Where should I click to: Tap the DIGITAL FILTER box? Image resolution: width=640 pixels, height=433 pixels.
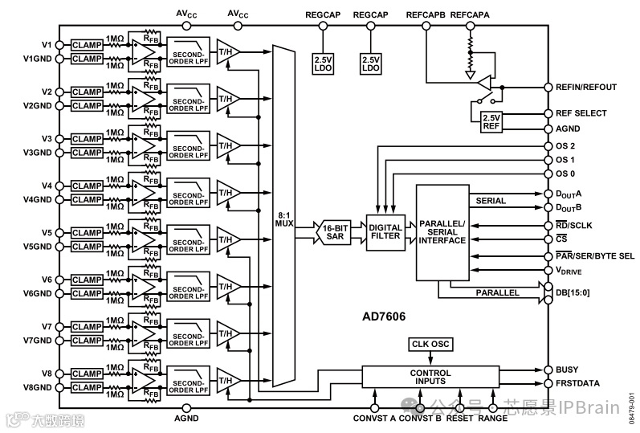coord(385,232)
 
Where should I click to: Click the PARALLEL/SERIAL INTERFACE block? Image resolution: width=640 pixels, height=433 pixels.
coord(442,234)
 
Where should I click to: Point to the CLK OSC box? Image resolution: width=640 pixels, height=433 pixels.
coord(431,345)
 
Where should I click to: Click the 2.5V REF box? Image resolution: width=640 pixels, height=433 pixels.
coord(490,121)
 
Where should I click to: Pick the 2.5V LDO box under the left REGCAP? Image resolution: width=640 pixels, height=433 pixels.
coord(324,63)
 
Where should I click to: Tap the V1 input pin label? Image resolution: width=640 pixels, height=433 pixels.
coord(47,44)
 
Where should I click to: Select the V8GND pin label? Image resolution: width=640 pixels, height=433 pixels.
coord(39,387)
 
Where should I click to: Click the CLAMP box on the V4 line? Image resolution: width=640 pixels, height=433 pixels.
coord(87,186)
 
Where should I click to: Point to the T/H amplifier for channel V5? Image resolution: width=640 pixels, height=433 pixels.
coord(228,239)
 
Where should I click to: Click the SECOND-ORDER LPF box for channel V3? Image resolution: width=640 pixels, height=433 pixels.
coord(188,149)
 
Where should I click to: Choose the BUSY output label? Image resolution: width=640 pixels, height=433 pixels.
coord(566,370)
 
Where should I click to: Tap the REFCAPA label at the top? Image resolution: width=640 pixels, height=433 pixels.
coord(471,14)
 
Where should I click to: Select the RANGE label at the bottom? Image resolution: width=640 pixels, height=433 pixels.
coord(492,418)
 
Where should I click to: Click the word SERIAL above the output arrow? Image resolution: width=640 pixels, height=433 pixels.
coord(491,201)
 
